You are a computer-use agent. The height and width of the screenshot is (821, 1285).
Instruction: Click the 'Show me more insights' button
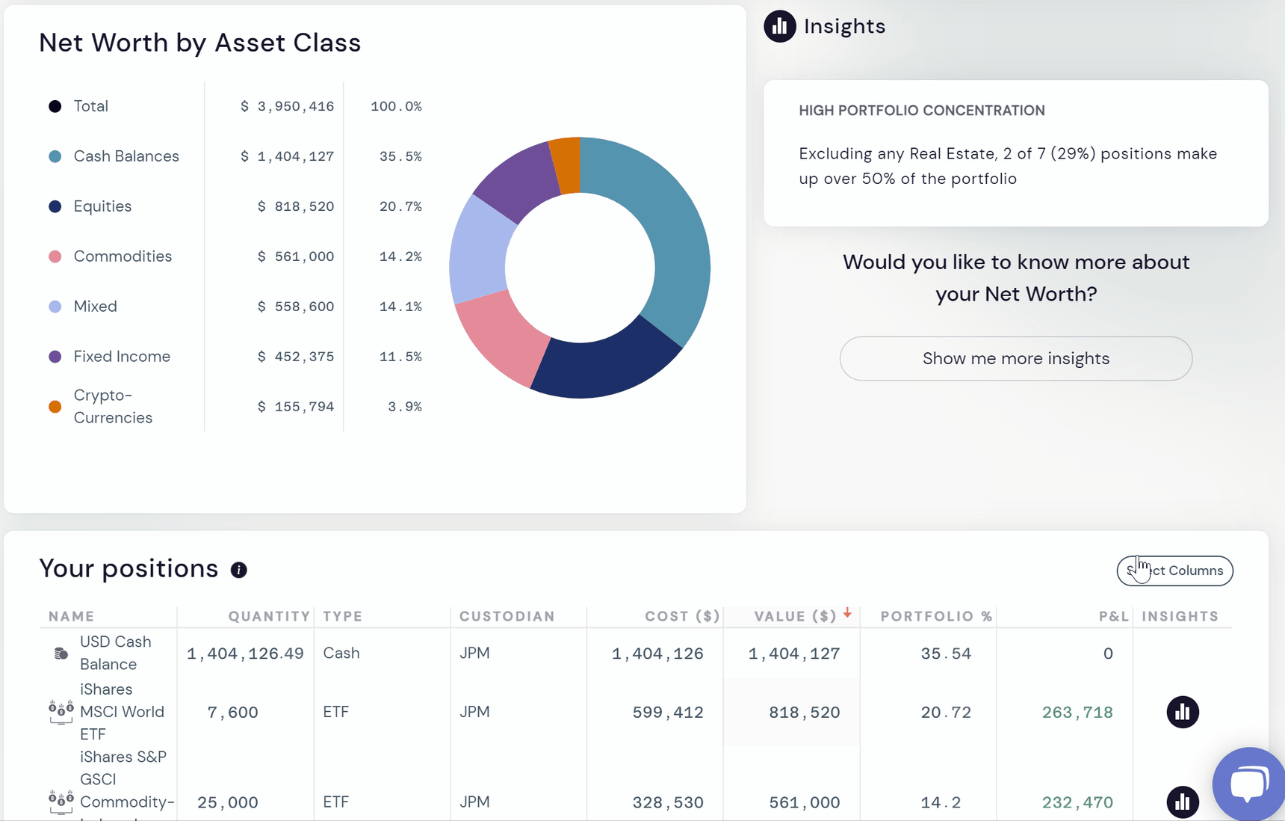(x=1015, y=359)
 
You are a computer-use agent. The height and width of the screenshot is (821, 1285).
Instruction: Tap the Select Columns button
(x=1174, y=571)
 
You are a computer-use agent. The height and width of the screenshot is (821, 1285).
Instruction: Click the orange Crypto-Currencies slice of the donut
(x=566, y=165)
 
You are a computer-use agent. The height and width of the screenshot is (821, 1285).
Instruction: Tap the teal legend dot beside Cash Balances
(x=55, y=156)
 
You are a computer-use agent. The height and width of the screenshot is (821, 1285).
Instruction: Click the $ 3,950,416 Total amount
(x=288, y=106)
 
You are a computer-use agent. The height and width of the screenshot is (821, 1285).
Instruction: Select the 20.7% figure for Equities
(x=400, y=206)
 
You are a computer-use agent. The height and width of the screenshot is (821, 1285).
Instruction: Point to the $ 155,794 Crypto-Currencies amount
(x=296, y=407)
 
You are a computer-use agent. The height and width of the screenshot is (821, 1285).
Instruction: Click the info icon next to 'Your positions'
(x=238, y=571)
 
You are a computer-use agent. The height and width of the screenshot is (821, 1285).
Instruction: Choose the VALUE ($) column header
(x=795, y=616)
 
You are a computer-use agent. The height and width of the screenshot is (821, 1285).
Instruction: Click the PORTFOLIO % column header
(x=936, y=616)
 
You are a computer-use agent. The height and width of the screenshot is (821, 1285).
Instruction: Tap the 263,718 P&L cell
(x=1077, y=713)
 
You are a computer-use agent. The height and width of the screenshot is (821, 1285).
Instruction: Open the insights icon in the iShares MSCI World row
(x=1183, y=712)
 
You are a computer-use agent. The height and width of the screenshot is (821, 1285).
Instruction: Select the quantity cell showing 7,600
(x=232, y=713)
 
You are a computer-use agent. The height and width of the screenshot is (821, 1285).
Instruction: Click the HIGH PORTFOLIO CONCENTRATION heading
(x=921, y=111)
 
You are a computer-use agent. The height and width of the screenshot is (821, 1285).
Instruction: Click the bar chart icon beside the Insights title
(x=779, y=26)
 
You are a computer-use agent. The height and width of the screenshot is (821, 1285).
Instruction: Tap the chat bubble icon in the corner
(x=1249, y=784)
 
